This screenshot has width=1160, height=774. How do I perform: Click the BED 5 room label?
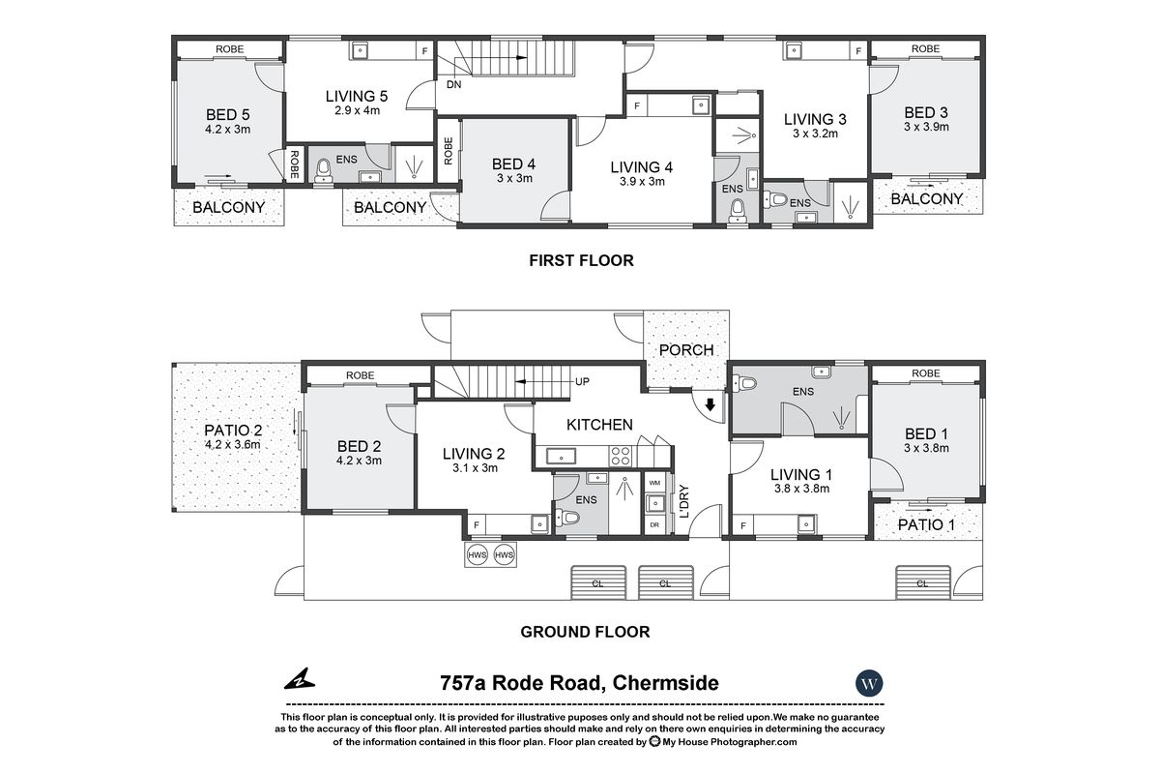click(x=227, y=113)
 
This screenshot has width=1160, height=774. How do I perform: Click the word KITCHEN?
click(x=599, y=424)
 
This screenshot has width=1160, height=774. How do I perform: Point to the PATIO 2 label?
click(x=233, y=432)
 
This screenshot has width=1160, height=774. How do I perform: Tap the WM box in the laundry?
click(x=654, y=482)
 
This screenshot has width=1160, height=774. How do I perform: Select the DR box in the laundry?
click(x=654, y=525)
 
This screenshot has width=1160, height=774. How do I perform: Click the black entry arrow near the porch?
click(x=710, y=405)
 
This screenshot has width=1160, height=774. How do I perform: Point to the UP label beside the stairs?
click(x=583, y=382)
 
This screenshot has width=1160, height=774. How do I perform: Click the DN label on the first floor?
click(x=453, y=84)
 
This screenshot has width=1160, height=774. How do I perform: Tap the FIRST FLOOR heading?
click(x=580, y=260)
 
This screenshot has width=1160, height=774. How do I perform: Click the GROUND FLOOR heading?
click(x=585, y=632)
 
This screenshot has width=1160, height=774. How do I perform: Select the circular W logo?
click(x=870, y=683)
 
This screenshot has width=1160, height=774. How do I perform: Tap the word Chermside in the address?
click(x=665, y=683)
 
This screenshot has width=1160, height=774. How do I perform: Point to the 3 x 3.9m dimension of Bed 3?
click(x=926, y=127)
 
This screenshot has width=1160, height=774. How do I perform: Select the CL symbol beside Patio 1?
click(x=921, y=582)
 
